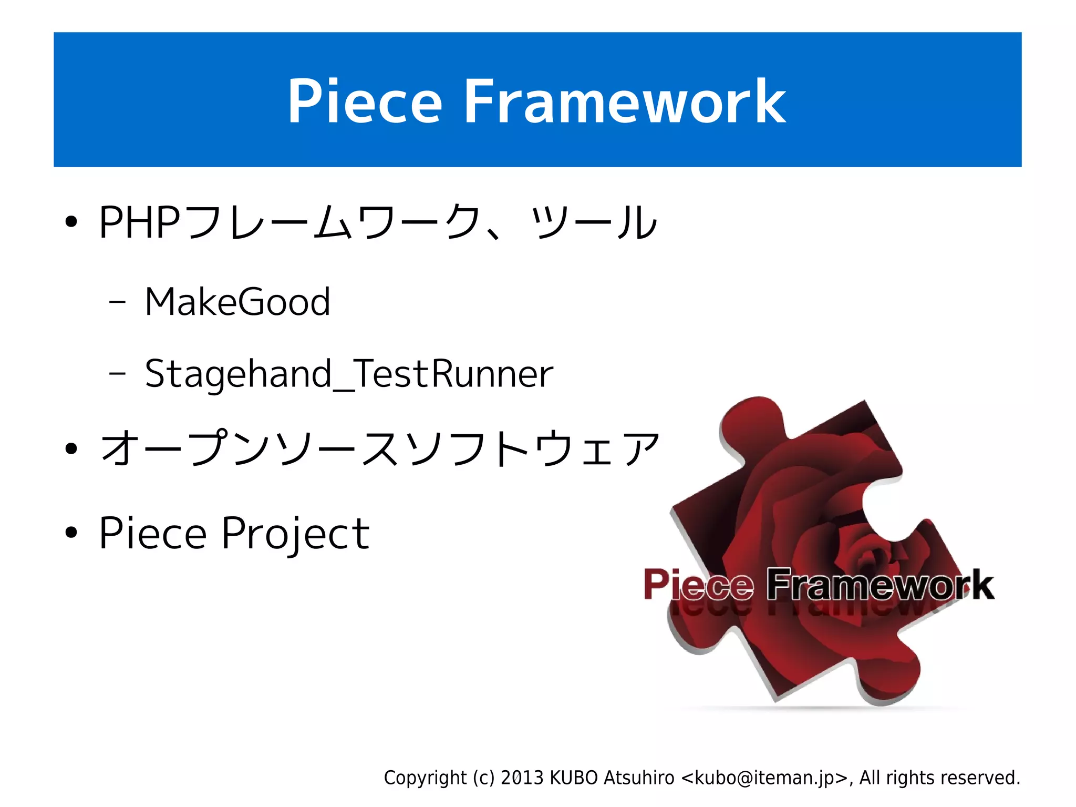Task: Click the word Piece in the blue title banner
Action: pos(364,101)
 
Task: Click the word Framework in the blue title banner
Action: pos(624,101)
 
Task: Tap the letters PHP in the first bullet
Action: pos(139,223)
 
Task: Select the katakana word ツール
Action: pos(594,223)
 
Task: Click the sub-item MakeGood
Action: pos(237,302)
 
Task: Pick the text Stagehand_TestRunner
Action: pos(349,374)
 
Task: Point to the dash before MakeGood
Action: pos(117,302)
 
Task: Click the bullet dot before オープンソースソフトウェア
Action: pos(71,449)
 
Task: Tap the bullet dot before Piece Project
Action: pos(71,533)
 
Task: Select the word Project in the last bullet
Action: pos(295,534)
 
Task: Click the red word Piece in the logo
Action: pos(699,585)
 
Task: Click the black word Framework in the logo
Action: pos(880,585)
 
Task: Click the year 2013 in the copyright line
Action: pos(522,778)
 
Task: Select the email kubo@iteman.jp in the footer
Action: pos(764,778)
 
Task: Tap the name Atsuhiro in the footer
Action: pos(638,778)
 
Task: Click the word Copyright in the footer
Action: pos(425,778)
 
